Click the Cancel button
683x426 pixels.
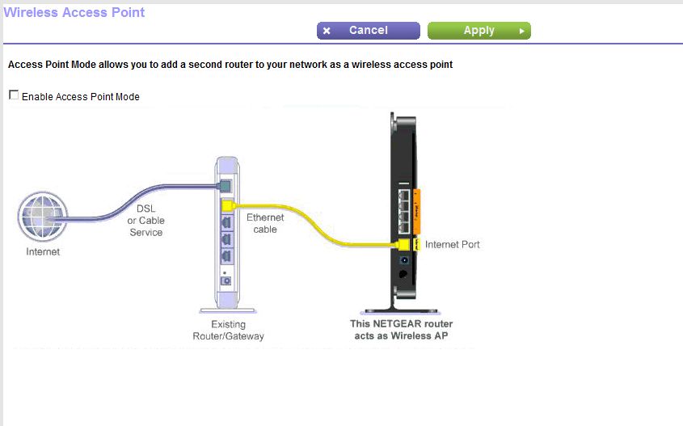[368, 31]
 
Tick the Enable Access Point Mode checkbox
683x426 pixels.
[14, 95]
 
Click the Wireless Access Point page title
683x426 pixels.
[74, 12]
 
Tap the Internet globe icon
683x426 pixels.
[43, 217]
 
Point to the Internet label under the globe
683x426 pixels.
[43, 252]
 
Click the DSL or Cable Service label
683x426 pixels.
[145, 220]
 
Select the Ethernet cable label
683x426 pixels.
[265, 223]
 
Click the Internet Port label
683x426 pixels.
[452, 244]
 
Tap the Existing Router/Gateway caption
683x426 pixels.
[228, 330]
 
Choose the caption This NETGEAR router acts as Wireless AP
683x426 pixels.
[398, 329]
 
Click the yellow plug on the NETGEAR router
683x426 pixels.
[405, 243]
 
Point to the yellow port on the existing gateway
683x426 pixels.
[227, 205]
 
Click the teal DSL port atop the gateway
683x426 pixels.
[227, 187]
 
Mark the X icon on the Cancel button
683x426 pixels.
[327, 31]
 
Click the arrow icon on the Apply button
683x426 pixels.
[522, 31]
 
